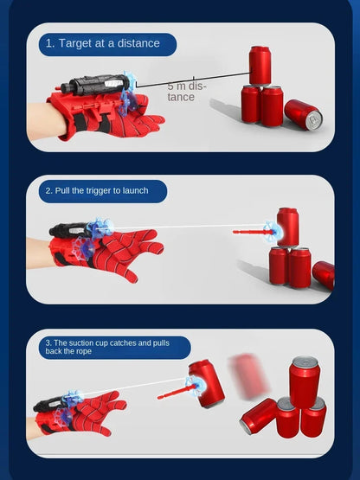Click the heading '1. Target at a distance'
pos(103,43)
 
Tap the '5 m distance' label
pos(186,91)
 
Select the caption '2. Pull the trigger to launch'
pos(97,191)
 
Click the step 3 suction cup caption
pos(107,347)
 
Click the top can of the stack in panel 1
pos(260,65)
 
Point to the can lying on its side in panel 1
pos(304,114)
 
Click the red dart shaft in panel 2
pos(251,233)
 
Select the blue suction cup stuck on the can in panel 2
pos(272,231)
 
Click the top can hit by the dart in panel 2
pos(287,227)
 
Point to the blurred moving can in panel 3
pos(248,376)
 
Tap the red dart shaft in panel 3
pos(174,393)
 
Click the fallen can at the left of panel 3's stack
pos(258,416)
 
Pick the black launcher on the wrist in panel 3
pos(50,405)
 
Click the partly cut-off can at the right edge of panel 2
pos(324,274)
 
